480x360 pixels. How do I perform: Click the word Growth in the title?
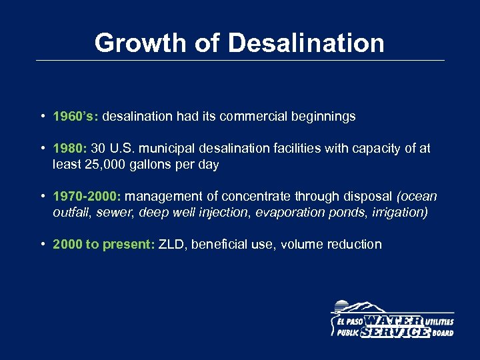click(138, 43)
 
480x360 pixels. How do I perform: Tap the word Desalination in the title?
click(306, 43)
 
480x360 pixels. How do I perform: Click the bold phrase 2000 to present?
click(104, 244)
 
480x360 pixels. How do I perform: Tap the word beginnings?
click(325, 117)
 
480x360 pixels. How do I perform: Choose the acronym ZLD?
click(173, 244)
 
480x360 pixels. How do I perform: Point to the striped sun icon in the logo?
click(341, 307)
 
